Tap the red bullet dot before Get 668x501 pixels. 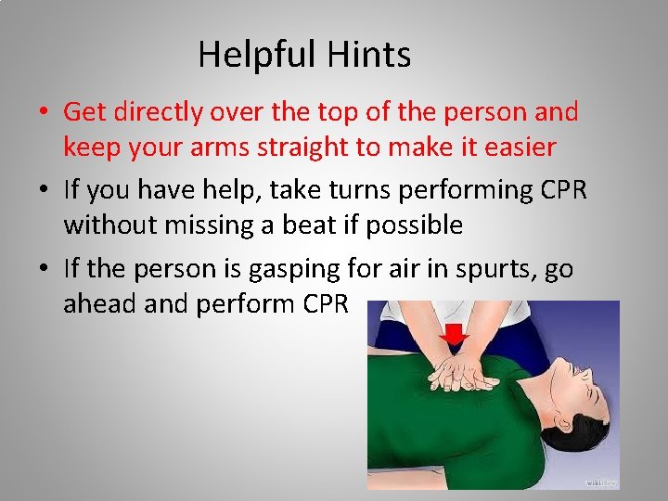tap(44, 113)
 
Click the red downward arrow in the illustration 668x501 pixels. tap(455, 334)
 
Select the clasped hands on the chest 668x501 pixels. tap(459, 374)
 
